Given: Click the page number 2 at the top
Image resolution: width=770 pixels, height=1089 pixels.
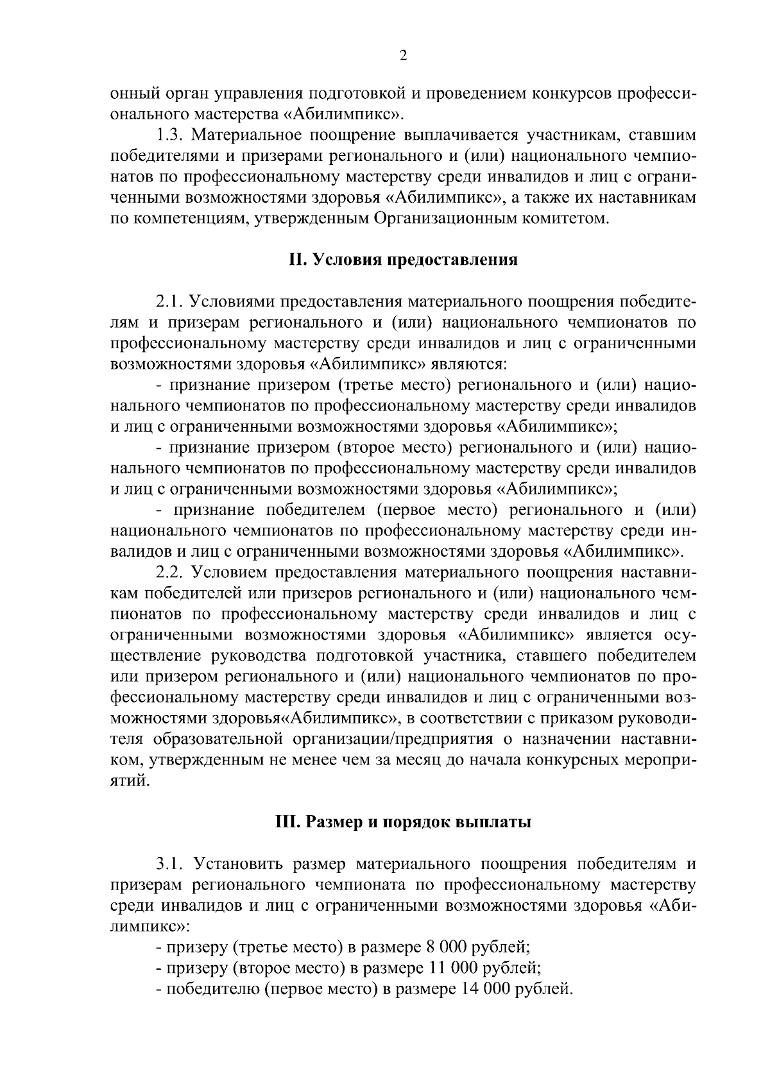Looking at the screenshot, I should (403, 56).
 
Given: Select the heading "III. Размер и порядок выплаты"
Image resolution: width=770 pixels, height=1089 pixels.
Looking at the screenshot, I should (402, 822).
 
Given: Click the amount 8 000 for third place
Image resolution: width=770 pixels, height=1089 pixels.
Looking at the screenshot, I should (445, 947).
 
